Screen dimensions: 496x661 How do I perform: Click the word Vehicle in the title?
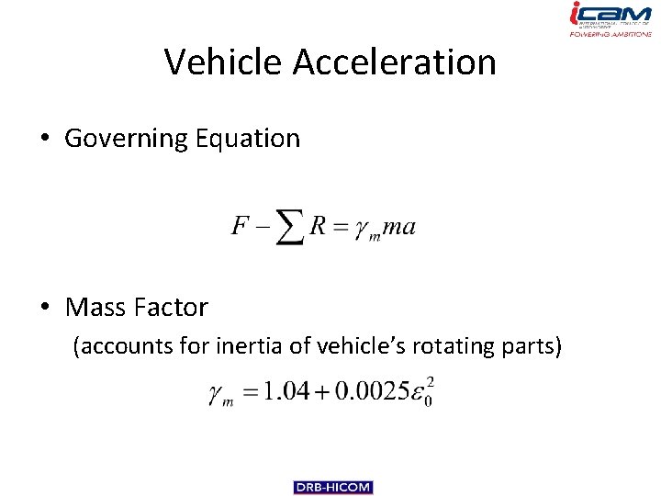pos(224,62)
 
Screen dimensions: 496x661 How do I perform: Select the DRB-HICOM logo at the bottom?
pos(333,487)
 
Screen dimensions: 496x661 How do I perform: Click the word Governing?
pos(126,139)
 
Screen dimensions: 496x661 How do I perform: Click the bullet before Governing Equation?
pos(44,139)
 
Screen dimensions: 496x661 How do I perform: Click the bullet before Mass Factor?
pos(44,307)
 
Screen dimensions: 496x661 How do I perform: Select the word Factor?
pos(174,307)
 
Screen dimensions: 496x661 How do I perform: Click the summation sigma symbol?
pos(289,227)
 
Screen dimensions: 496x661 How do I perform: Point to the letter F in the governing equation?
pos(241,225)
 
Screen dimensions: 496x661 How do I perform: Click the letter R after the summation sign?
pos(318,225)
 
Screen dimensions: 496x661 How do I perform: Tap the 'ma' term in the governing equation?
pos(399,226)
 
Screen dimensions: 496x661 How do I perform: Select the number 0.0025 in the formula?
pos(372,392)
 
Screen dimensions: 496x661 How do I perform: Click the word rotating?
pos(452,347)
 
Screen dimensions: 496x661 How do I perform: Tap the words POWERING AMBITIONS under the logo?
pos(609,34)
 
